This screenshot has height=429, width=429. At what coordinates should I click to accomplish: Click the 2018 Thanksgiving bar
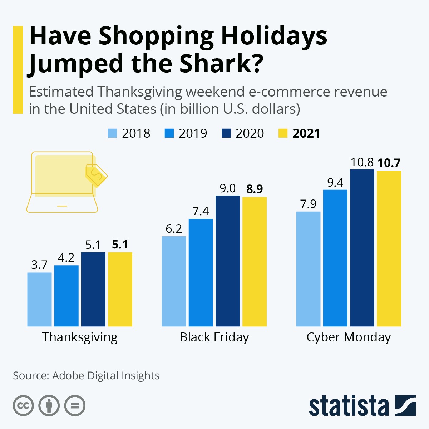pyautogui.click(x=39, y=299)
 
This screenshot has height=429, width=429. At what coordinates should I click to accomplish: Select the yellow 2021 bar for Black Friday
pyautogui.click(x=255, y=261)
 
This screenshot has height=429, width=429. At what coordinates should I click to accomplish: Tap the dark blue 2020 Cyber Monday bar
pyautogui.click(x=362, y=248)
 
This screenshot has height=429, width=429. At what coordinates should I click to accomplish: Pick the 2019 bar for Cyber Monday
pyautogui.click(x=335, y=258)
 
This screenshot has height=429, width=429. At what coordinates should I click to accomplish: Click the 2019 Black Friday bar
pyautogui.click(x=201, y=272)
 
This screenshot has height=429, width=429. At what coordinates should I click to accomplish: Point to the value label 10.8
pyautogui.click(x=362, y=163)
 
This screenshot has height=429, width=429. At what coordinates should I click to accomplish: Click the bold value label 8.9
pyautogui.click(x=255, y=189)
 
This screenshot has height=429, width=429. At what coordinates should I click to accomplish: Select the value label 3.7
pyautogui.click(x=39, y=265)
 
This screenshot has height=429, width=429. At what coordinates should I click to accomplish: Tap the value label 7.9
pyautogui.click(x=308, y=204)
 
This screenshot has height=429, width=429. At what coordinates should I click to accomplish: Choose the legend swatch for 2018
pyautogui.click(x=112, y=133)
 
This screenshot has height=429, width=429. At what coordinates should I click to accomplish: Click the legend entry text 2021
pyautogui.click(x=306, y=133)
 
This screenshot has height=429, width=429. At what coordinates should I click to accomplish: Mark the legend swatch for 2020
pyautogui.click(x=226, y=133)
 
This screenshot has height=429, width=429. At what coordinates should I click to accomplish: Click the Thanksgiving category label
pyautogui.click(x=80, y=337)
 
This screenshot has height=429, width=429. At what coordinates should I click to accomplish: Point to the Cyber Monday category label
pyautogui.click(x=349, y=337)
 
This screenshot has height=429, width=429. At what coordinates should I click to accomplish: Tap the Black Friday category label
pyautogui.click(x=214, y=337)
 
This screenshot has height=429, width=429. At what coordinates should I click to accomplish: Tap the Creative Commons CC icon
pyautogui.click(x=24, y=406)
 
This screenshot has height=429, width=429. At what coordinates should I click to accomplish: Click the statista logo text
pyautogui.click(x=349, y=406)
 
